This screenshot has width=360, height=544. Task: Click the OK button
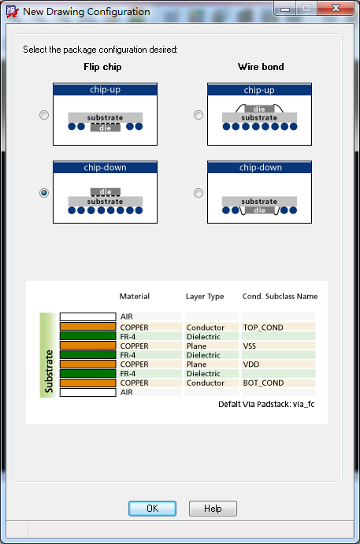point(152,509)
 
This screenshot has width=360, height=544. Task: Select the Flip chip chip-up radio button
point(44,115)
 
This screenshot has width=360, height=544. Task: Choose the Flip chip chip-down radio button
point(44,193)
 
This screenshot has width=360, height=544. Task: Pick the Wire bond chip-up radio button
point(199,115)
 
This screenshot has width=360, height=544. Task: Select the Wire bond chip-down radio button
point(199,193)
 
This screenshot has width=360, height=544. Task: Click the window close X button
point(336,8)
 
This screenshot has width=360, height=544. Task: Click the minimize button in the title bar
point(285,9)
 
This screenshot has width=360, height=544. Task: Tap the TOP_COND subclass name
point(263,328)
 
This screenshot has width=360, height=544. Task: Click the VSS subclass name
point(250,346)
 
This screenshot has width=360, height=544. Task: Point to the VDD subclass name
point(251,365)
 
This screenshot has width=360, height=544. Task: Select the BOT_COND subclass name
point(263,383)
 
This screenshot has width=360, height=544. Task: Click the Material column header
point(135,296)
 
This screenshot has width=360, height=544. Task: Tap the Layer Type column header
point(205,297)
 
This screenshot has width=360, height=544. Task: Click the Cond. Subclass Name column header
point(280,296)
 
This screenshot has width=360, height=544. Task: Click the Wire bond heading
point(261,67)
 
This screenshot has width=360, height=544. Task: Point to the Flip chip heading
point(102,67)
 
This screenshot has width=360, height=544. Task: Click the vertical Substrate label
point(49,372)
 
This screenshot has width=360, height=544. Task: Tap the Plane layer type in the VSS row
point(196,346)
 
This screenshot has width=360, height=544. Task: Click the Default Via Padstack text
point(266,404)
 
